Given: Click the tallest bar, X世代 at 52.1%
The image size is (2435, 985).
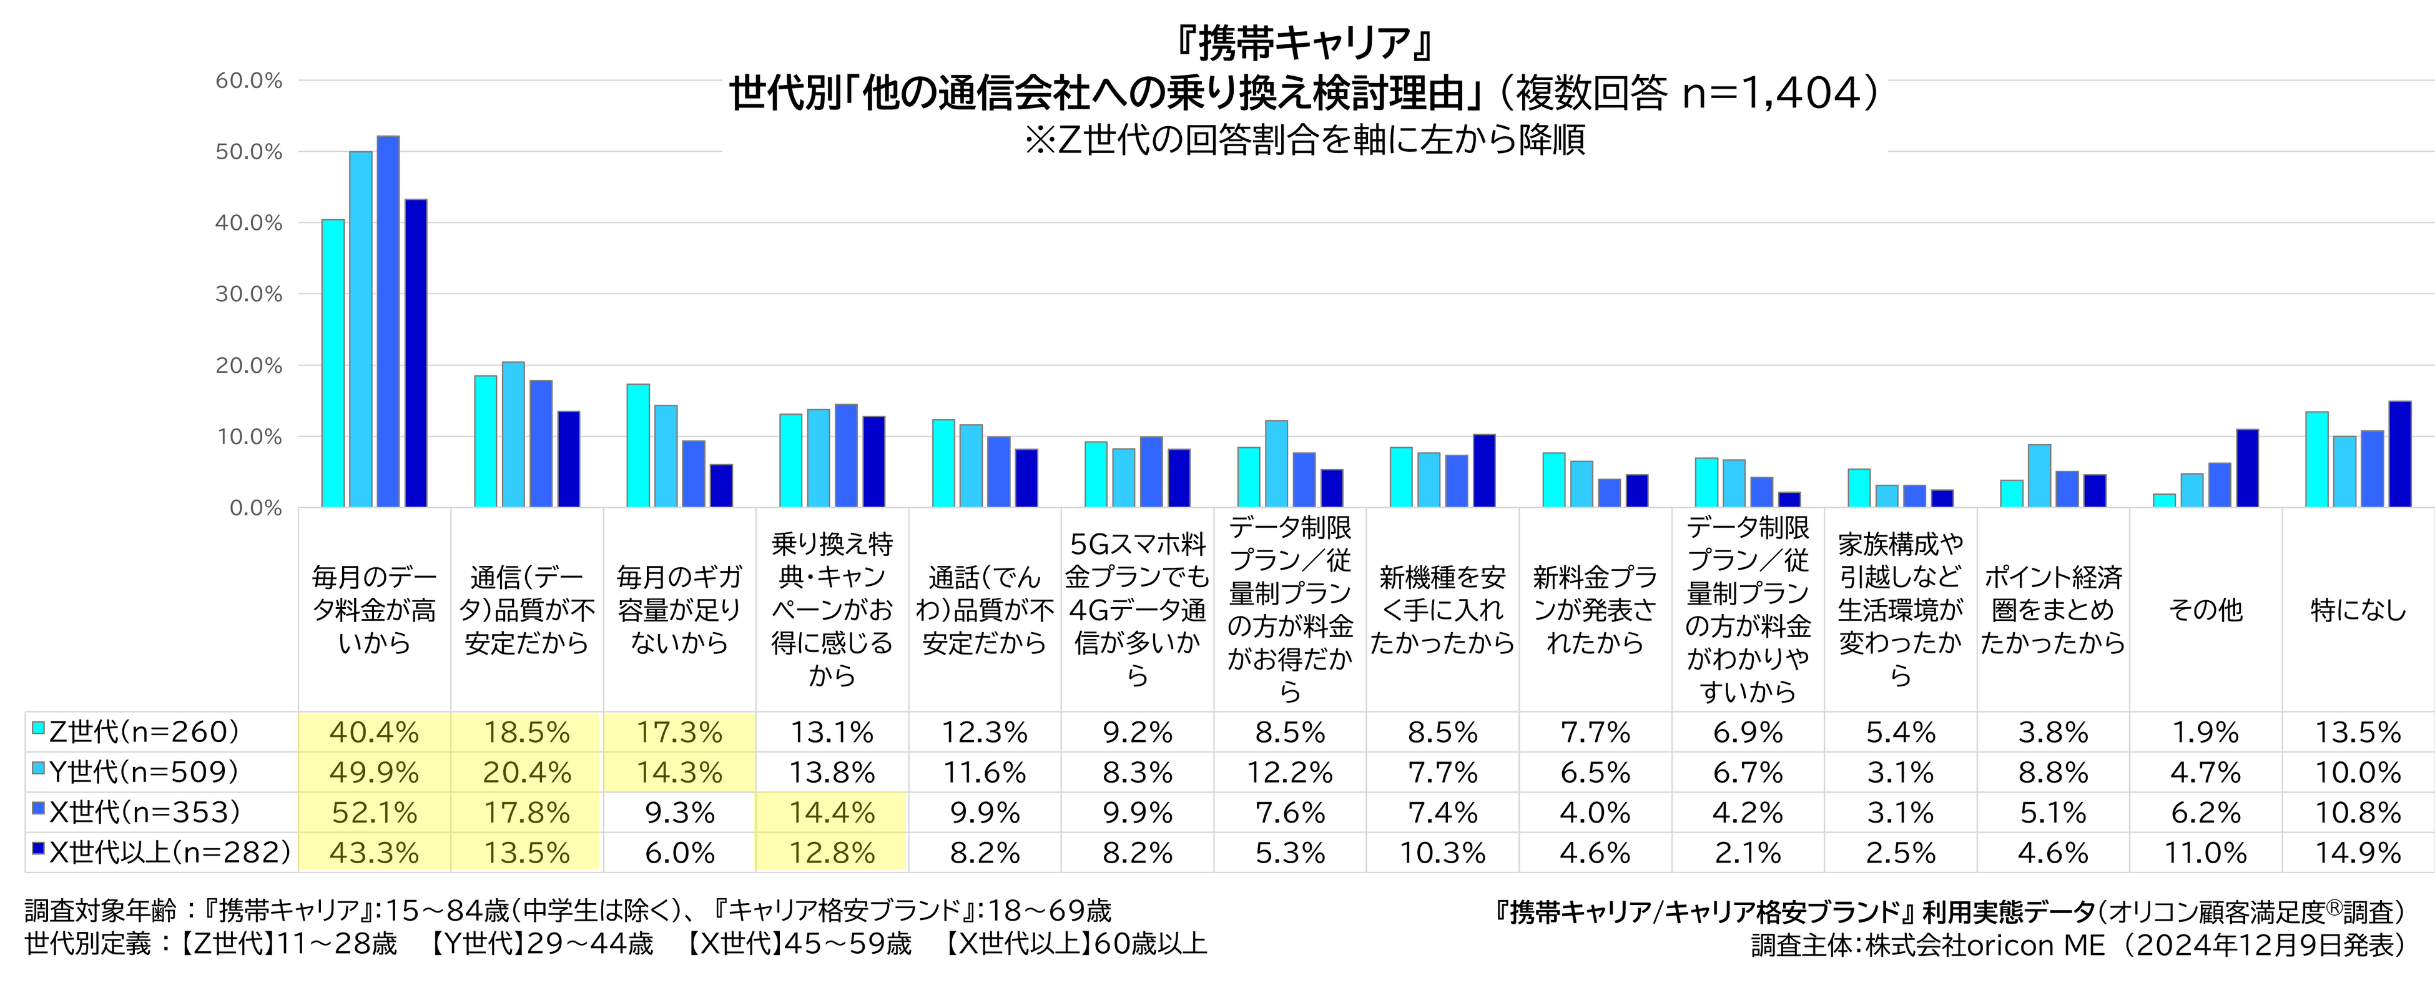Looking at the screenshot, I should pyautogui.click(x=388, y=322).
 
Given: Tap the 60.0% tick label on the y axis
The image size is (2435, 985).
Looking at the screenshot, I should pyautogui.click(x=248, y=81).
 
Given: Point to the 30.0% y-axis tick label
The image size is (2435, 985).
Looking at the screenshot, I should pyautogui.click(x=248, y=294).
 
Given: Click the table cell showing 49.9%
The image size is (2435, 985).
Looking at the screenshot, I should pyautogui.click(x=375, y=772).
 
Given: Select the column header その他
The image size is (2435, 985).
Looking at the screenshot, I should pyautogui.click(x=2205, y=610).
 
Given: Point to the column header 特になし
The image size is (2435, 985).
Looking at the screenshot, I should pyautogui.click(x=2358, y=610).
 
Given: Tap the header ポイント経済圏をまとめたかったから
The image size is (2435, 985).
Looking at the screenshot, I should pyautogui.click(x=2052, y=610).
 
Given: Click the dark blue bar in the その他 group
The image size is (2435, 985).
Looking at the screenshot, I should pyautogui.click(x=2247, y=469).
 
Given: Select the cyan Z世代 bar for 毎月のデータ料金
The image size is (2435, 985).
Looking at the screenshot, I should pyautogui.click(x=333, y=364).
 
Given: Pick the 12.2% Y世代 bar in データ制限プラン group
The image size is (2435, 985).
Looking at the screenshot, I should pyautogui.click(x=1276, y=464).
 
